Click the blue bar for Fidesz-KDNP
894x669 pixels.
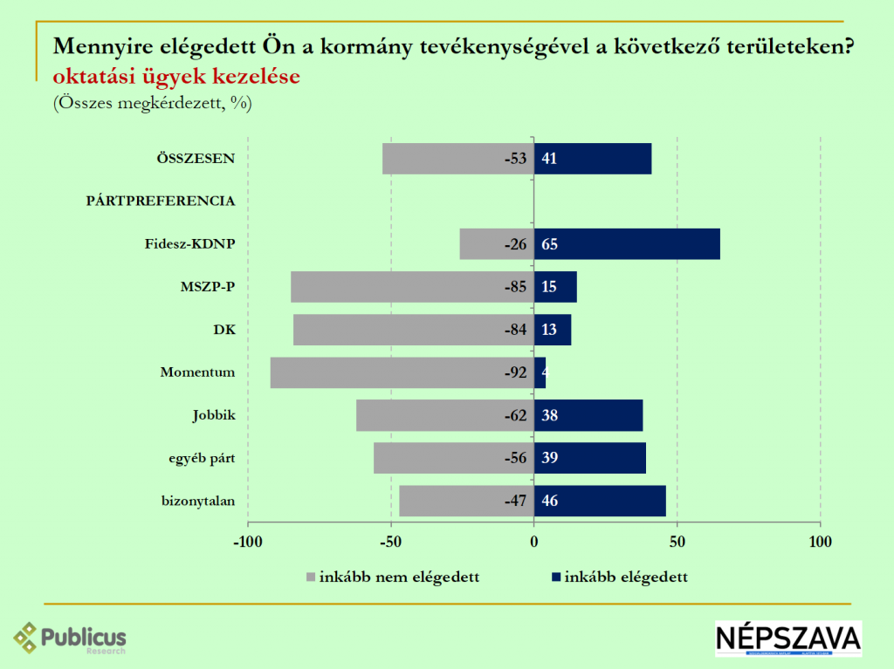click(627, 244)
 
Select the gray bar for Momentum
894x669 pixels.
click(402, 372)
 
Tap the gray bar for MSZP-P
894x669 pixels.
click(412, 287)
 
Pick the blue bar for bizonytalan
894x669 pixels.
click(600, 501)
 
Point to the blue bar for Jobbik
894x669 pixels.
click(588, 415)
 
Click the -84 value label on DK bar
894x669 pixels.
click(515, 330)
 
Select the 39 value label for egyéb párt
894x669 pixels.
click(549, 458)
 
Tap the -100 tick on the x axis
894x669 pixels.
click(247, 542)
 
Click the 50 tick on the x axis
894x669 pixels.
click(677, 542)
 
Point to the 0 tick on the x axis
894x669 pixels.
click(533, 542)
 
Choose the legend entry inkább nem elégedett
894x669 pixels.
click(393, 577)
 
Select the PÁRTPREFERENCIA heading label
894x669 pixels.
click(161, 201)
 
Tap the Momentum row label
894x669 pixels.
click(197, 372)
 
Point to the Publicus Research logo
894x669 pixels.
click(70, 638)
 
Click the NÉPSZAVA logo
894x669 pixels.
click(787, 638)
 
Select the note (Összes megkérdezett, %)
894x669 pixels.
click(152, 103)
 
